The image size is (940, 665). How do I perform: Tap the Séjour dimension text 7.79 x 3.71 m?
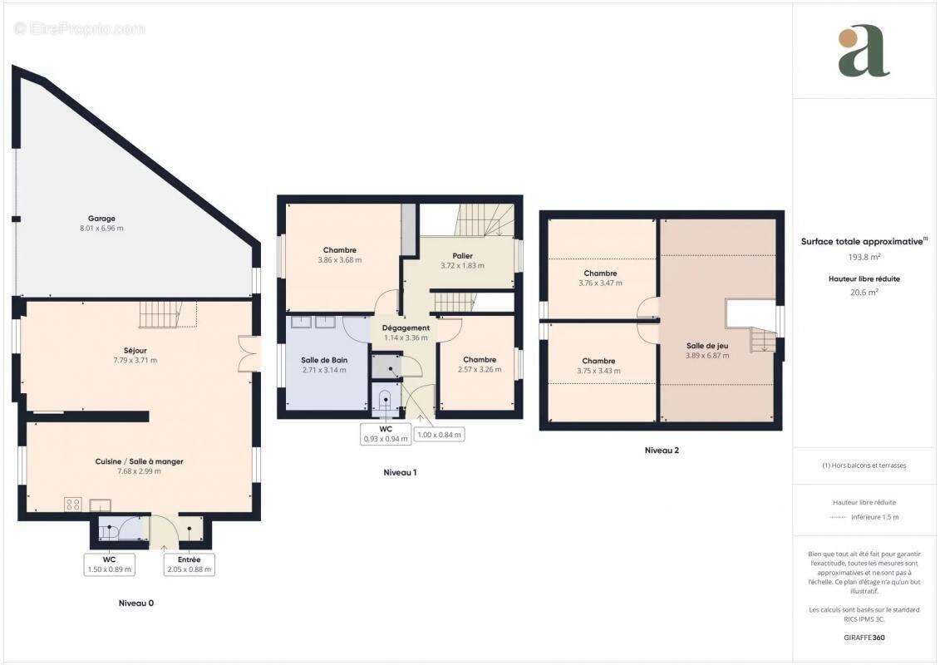pyautogui.click(x=135, y=360)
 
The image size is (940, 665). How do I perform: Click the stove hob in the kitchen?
pyautogui.click(x=73, y=504)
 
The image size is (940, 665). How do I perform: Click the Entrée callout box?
pyautogui.click(x=189, y=564)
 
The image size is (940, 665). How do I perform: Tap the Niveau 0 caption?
pyautogui.click(x=135, y=603)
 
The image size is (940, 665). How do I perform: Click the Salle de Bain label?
pyautogui.click(x=323, y=360)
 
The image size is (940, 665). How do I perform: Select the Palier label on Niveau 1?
pyautogui.click(x=463, y=255)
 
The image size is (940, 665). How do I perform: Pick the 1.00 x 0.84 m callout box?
pyautogui.click(x=440, y=434)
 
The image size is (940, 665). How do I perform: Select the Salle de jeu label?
pyautogui.click(x=707, y=346)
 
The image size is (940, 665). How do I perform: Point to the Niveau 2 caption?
pyautogui.click(x=662, y=451)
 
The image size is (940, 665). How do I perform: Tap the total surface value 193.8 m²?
pyautogui.click(x=864, y=258)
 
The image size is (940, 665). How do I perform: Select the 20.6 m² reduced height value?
pyautogui.click(x=864, y=293)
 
